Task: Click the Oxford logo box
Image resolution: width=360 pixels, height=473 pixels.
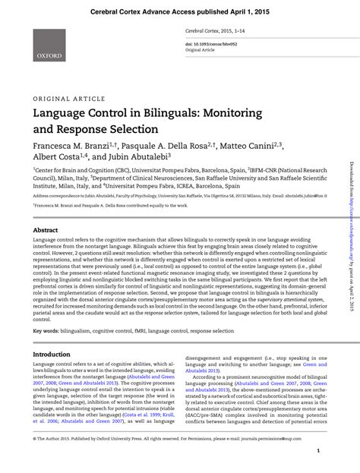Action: pyautogui.click(x=48, y=46)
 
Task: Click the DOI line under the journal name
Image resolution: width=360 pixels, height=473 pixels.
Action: pyautogui.click(x=210, y=45)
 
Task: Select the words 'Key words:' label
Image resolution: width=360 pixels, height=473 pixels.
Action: pyautogui.click(x=46, y=331)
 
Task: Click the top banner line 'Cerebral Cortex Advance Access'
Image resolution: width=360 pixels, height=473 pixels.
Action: pyautogui.click(x=179, y=12)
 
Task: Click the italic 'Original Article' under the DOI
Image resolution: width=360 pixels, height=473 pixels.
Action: pyautogui.click(x=201, y=52)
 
